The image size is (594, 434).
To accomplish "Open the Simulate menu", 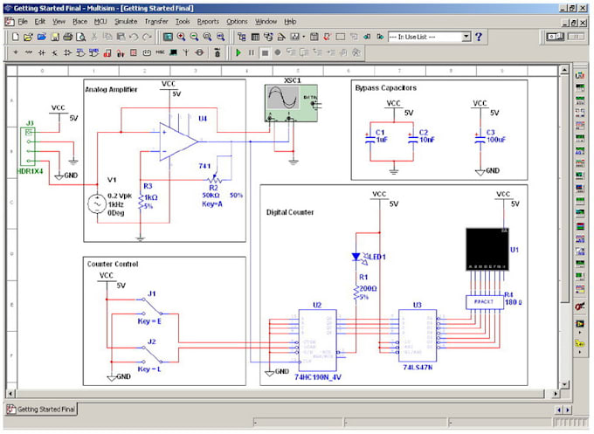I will (125, 21).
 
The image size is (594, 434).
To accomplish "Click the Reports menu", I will (208, 21).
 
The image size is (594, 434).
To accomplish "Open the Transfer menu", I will (156, 21).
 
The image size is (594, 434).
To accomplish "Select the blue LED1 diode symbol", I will (356, 257).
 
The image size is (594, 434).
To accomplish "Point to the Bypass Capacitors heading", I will (386, 88).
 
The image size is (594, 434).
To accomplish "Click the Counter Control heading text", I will (113, 264).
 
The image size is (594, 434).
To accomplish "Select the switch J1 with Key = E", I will (152, 307).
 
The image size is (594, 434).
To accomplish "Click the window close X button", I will (583, 7).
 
